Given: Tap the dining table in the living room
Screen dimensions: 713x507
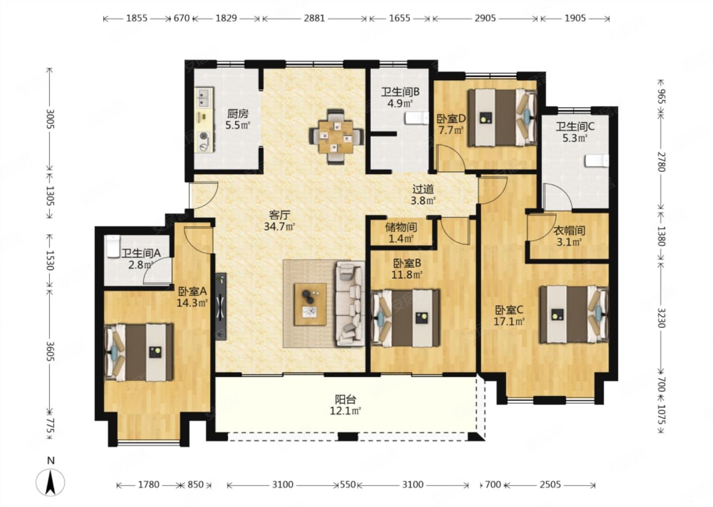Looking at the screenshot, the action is pyautogui.click(x=336, y=137).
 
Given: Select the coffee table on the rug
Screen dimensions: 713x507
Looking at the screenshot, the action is pyautogui.click(x=310, y=304).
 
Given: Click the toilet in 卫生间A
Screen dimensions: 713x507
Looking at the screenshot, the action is pyautogui.click(x=112, y=246).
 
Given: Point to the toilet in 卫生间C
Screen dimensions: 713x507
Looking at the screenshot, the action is pyautogui.click(x=597, y=161).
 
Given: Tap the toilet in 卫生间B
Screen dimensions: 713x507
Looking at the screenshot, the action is pyautogui.click(x=417, y=118).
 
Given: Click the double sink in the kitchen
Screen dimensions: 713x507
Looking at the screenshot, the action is pyautogui.click(x=204, y=98).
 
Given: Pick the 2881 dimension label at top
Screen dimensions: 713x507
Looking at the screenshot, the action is pyautogui.click(x=314, y=18).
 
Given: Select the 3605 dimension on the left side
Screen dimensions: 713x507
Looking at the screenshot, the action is pyautogui.click(x=51, y=352).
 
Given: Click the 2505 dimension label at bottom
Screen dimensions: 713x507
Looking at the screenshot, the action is pyautogui.click(x=550, y=484).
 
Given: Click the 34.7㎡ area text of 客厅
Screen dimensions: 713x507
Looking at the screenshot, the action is pyautogui.click(x=279, y=227).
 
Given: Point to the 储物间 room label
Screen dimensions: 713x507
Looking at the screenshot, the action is pyautogui.click(x=401, y=227).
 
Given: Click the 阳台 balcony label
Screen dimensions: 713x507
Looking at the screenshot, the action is pyautogui.click(x=346, y=399).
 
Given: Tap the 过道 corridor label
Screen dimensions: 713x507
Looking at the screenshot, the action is pyautogui.click(x=423, y=189).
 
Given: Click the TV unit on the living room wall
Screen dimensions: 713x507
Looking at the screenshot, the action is pyautogui.click(x=221, y=306).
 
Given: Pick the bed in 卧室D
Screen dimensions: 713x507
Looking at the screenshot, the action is pyautogui.click(x=502, y=117).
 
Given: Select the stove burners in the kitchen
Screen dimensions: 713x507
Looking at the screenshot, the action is pyautogui.click(x=204, y=141).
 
